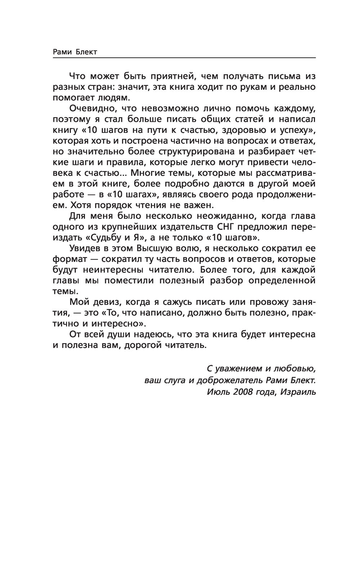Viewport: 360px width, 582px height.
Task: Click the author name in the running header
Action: point(75,52)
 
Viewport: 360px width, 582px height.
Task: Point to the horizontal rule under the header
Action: point(184,58)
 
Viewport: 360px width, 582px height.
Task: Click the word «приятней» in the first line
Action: point(167,76)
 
